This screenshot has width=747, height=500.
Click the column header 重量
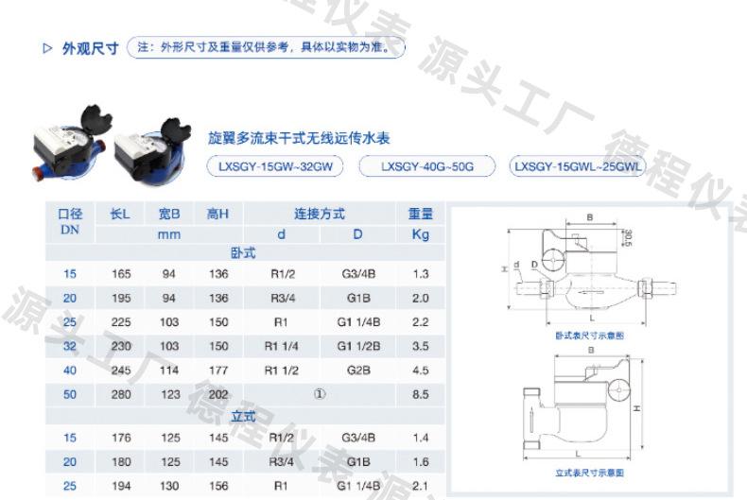[420, 216]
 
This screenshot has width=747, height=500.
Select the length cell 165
[120, 274]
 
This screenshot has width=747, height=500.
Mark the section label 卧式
[243, 252]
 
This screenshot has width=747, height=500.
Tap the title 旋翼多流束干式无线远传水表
[299, 138]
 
